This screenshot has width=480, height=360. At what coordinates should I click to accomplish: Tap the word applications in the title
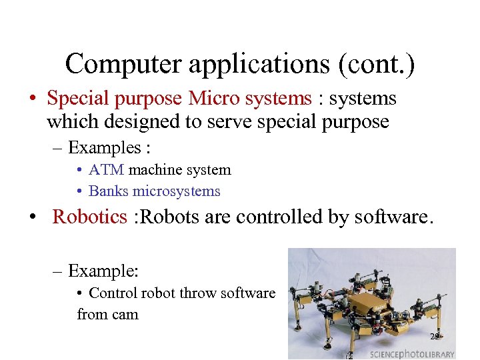click(257, 64)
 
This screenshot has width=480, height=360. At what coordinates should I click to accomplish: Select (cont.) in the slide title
click(378, 64)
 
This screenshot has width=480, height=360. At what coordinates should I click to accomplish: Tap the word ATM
click(107, 170)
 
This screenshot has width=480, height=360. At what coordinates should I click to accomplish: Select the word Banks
click(109, 191)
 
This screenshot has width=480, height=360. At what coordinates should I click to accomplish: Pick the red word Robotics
click(89, 217)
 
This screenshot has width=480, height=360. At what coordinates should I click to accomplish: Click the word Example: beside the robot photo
click(103, 271)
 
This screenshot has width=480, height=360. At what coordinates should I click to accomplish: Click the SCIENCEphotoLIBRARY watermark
click(412, 353)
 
